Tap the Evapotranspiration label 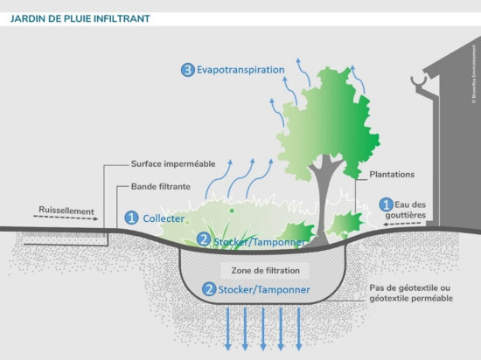point(240,70)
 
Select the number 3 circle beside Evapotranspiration point(187,70)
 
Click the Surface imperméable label point(172,163)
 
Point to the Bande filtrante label point(161,186)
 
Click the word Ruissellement point(66,211)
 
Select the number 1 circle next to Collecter point(132,217)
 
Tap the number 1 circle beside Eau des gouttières point(384,204)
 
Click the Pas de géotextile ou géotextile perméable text point(410,293)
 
